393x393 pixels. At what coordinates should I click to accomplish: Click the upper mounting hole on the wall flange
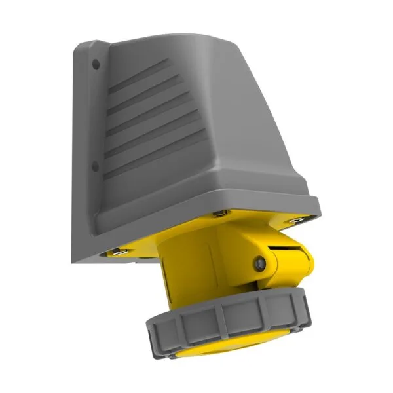96,64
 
